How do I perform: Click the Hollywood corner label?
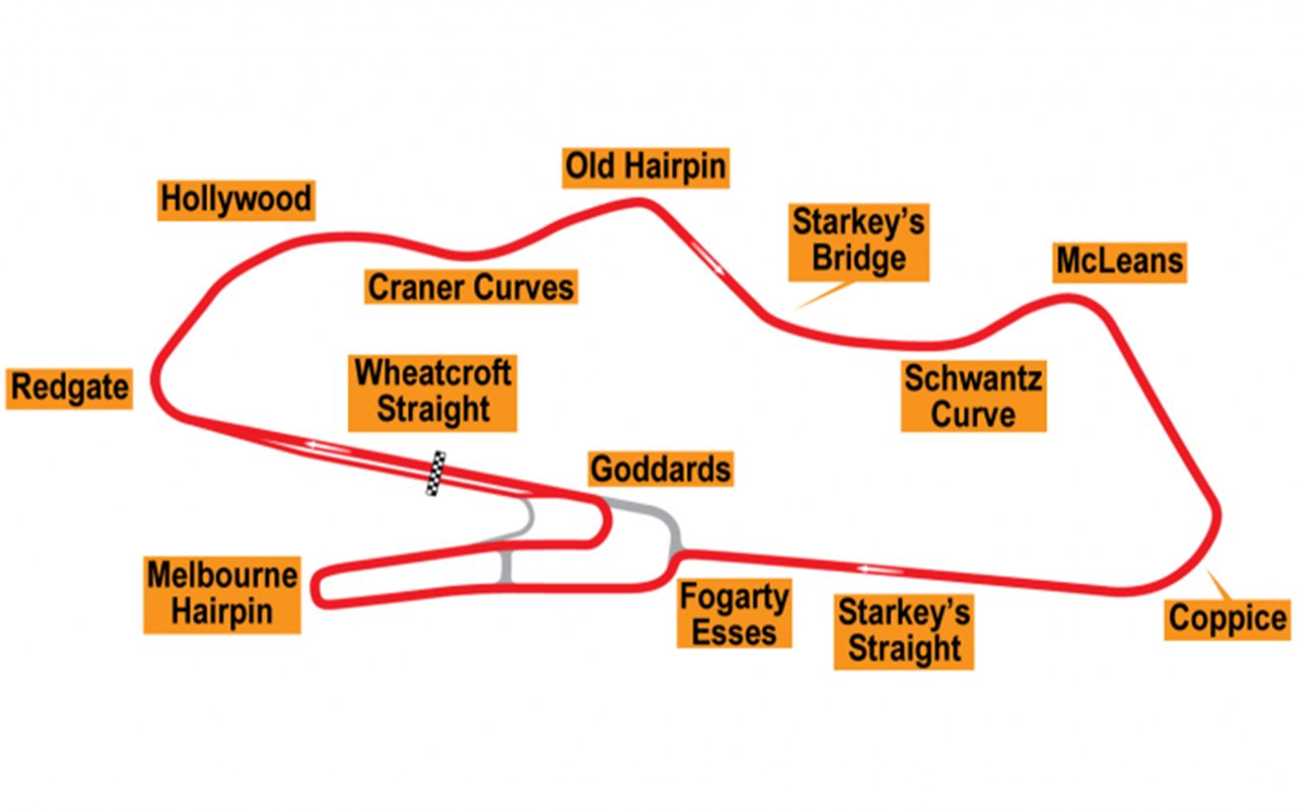(236, 200)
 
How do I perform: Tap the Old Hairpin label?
(645, 166)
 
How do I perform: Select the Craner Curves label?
(471, 287)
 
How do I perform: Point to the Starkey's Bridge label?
(858, 242)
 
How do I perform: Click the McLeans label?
(1120, 261)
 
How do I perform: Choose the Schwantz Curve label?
(973, 396)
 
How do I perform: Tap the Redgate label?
(69, 387)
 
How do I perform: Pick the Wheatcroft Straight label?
(433, 392)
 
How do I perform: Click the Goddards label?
(660, 468)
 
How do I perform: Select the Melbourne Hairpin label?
(222, 594)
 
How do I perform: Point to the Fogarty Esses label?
(734, 614)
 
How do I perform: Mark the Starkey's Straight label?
(903, 632)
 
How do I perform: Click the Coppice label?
(1228, 619)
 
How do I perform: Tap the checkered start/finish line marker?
(436, 473)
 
